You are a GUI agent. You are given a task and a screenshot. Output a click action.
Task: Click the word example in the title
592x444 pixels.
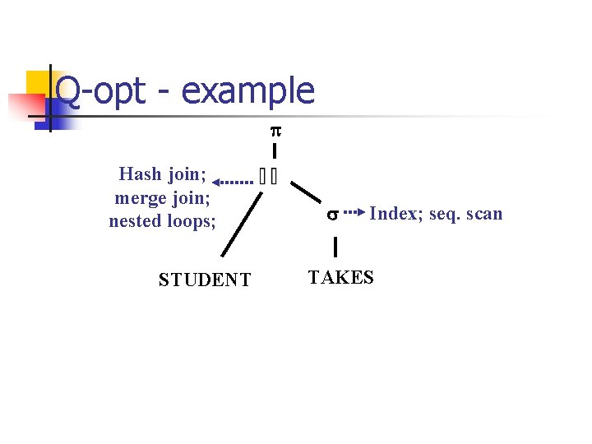pos(247,90)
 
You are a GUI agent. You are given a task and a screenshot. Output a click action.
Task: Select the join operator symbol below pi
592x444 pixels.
pos(267,177)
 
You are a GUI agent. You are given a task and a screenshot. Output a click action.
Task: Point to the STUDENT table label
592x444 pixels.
pos(205,280)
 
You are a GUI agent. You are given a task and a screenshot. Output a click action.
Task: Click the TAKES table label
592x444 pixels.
pos(340,277)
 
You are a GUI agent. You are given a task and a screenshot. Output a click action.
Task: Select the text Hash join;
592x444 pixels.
pos(162,174)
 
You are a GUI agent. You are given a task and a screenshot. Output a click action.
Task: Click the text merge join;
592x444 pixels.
pos(164,198)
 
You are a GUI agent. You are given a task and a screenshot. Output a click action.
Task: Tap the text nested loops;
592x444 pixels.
pos(162,221)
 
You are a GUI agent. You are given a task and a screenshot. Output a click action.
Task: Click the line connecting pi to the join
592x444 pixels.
pos(274,151)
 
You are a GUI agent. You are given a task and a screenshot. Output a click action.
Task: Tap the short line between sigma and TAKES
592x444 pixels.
pos(335,246)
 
